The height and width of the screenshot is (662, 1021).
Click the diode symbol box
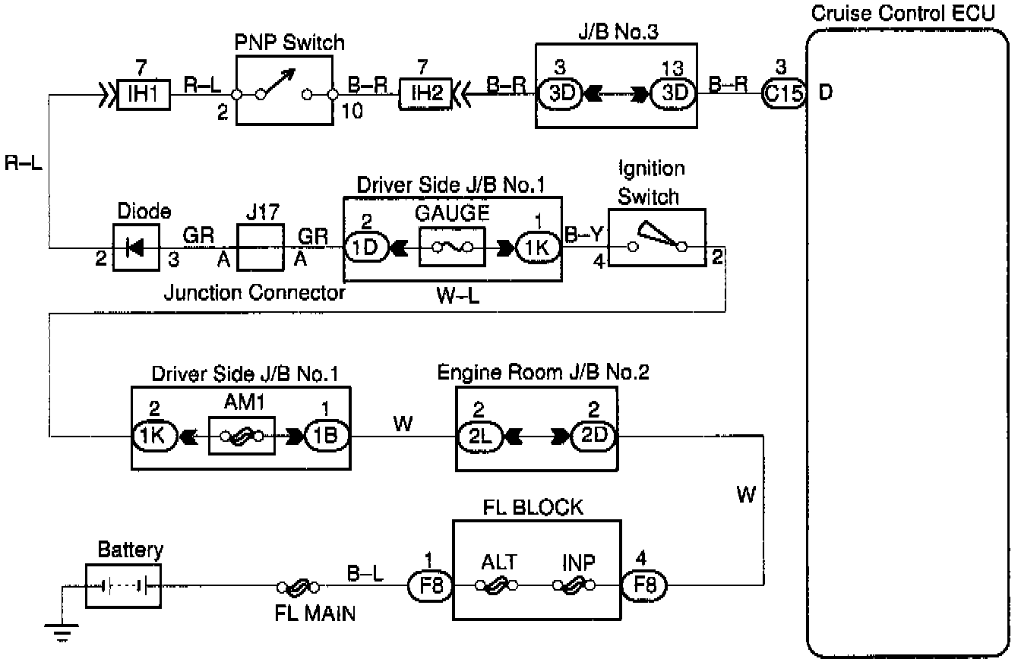coord(137,247)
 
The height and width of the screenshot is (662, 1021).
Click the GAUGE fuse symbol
coord(452,247)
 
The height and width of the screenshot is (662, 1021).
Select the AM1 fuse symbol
coord(242,436)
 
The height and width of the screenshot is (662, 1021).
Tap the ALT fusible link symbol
coord(497,585)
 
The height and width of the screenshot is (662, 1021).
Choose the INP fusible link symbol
coord(574,585)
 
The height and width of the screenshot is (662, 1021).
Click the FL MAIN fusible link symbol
coord(298,586)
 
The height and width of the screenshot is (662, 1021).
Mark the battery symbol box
coord(123,585)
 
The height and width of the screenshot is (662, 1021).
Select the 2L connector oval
coord(479,436)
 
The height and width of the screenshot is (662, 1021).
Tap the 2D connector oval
coord(593,436)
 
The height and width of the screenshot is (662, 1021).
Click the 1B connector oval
coord(327,436)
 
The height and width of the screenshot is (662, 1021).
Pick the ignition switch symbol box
coord(656,238)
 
